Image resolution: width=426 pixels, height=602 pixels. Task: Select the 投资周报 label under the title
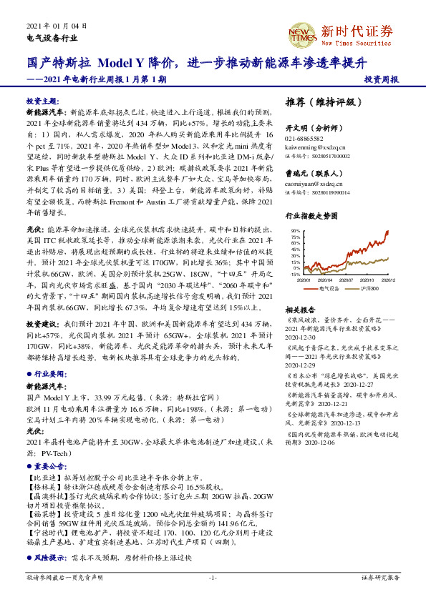(x=381, y=79)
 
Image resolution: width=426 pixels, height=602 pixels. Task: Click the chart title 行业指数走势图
(x=312, y=215)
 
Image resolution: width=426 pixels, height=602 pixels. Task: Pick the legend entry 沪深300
(x=371, y=287)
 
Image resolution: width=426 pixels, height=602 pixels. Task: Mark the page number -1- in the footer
(x=213, y=577)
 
